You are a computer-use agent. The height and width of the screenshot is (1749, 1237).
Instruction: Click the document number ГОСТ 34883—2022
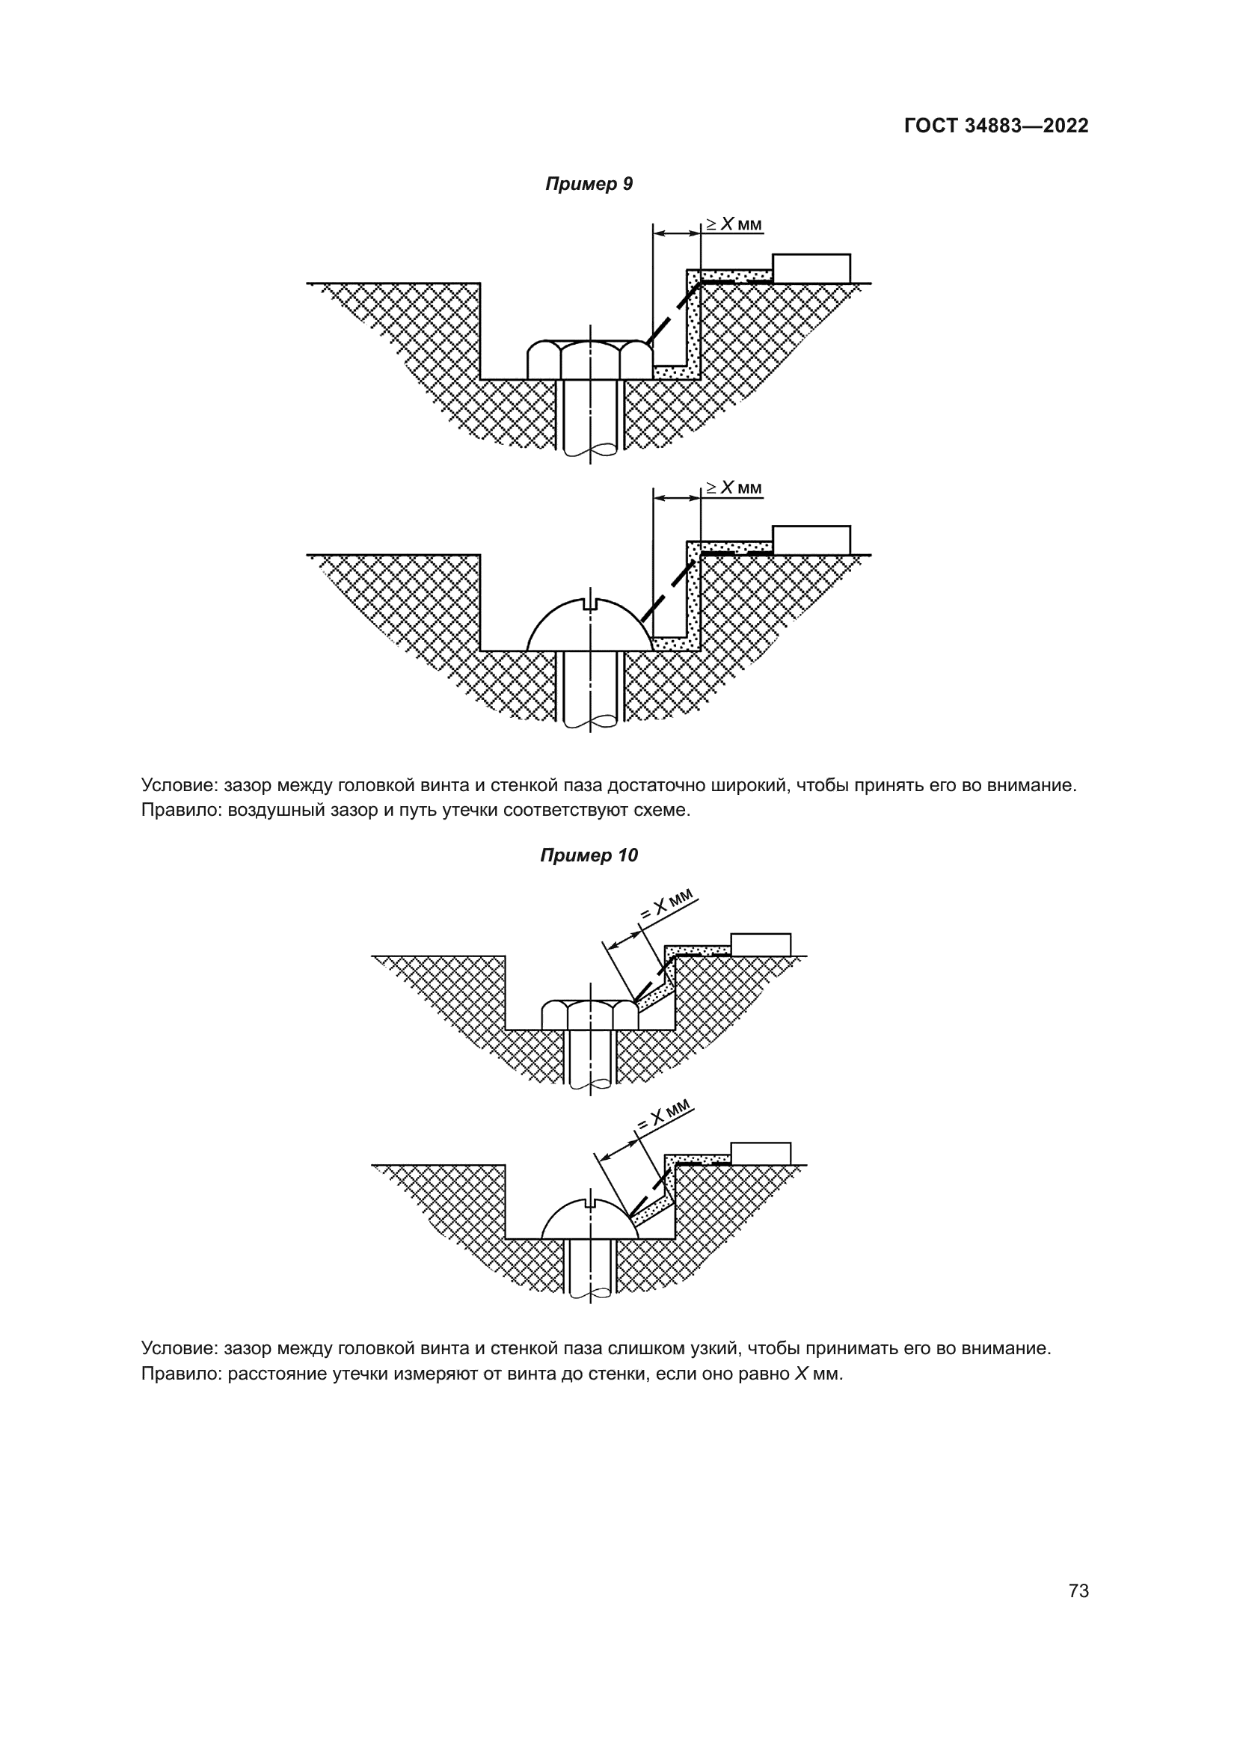pyautogui.click(x=996, y=126)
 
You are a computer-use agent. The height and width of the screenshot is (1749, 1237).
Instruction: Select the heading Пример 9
pyautogui.click(x=589, y=185)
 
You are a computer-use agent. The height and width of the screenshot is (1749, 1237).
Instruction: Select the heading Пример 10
pyautogui.click(x=589, y=855)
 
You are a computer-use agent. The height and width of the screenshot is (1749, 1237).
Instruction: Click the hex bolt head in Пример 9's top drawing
pyautogui.click(x=589, y=359)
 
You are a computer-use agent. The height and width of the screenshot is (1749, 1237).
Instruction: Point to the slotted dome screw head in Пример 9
pyautogui.click(x=589, y=627)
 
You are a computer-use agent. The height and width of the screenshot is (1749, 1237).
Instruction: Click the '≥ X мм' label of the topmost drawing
pyautogui.click(x=733, y=224)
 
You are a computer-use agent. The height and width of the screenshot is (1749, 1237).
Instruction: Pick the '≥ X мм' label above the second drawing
pyautogui.click(x=733, y=488)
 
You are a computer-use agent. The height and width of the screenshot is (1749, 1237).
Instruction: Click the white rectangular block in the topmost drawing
pyautogui.click(x=811, y=268)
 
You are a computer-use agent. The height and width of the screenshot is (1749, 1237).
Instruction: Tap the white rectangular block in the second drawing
pyautogui.click(x=811, y=539)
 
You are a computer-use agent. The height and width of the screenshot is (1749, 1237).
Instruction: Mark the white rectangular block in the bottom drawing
pyautogui.click(x=760, y=1153)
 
